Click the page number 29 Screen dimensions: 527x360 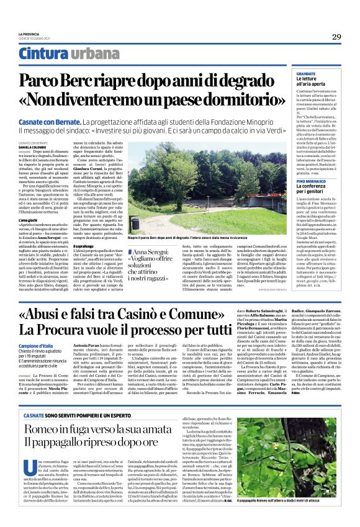click(336, 37)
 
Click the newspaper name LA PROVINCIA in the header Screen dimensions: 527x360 click(29, 34)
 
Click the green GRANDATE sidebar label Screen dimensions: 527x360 click(290, 74)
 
